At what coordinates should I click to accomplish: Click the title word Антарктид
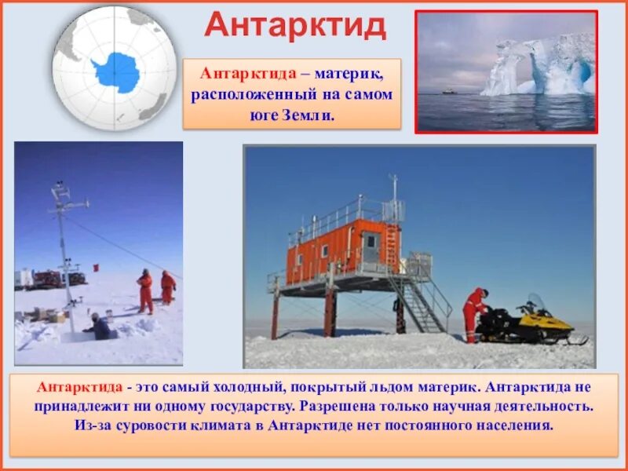pos(295,26)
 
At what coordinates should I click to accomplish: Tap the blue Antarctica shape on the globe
pos(116,71)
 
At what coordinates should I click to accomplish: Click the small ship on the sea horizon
pos(448,91)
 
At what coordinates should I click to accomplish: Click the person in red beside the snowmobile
pos(473,313)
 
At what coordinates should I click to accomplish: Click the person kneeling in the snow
pos(99,327)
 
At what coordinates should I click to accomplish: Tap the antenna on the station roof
pos(394,188)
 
